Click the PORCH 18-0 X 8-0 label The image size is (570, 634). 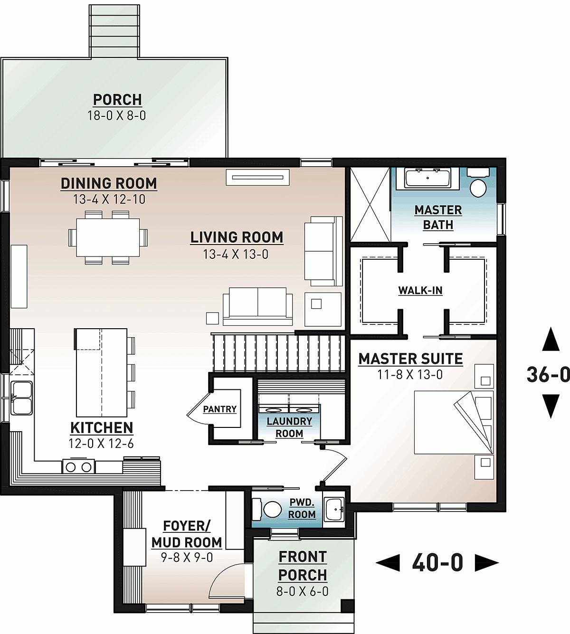pos(117,107)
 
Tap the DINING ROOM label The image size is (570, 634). pos(109,184)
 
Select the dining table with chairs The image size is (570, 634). pos(108,237)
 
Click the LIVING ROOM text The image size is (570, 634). pos(237,237)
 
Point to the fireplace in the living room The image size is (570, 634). pos(257,177)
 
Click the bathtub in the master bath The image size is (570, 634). pos(428,179)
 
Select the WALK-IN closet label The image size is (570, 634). pos(420,290)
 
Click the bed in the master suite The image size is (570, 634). pos(451,422)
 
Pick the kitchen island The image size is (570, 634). pos(102,372)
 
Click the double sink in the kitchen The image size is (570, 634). pos(22,398)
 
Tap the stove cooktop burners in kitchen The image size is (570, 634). pos(78,467)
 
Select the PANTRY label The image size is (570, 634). pos(219,409)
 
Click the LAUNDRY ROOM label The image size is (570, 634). pos(289,427)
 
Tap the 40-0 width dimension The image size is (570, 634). pos(437,563)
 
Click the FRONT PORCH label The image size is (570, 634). pos(303,566)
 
